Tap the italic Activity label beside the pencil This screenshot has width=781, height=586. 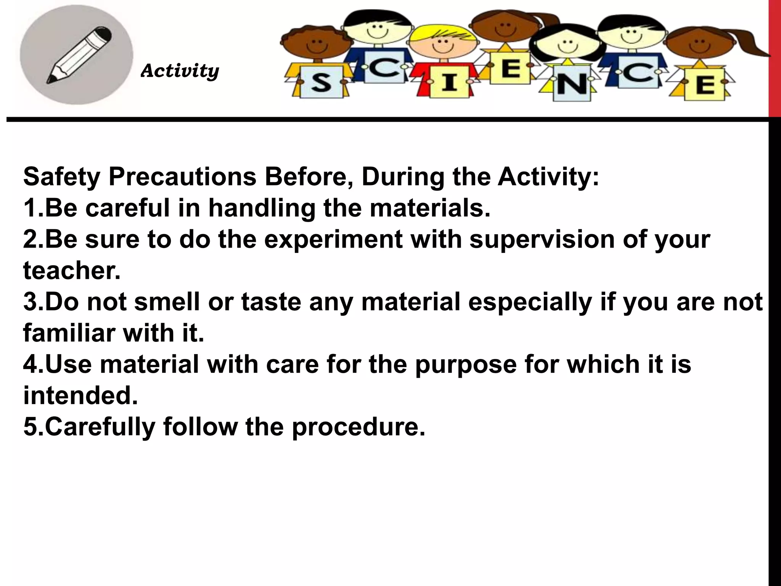(x=180, y=71)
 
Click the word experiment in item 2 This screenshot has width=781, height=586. (x=333, y=240)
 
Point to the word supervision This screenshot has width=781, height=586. (x=542, y=240)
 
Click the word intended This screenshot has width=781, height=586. (x=80, y=396)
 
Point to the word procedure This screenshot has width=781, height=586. (x=358, y=427)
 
